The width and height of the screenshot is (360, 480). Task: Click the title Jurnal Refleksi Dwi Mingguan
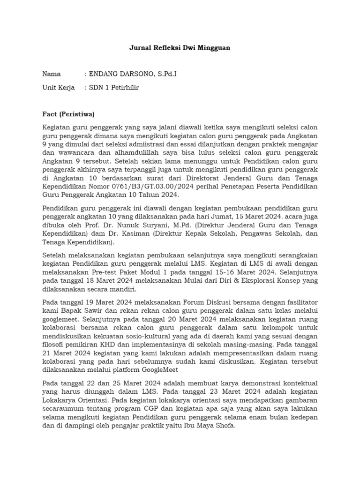tap(180, 48)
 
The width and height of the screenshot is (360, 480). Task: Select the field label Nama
tap(52, 74)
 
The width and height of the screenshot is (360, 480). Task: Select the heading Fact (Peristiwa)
tap(68, 114)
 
